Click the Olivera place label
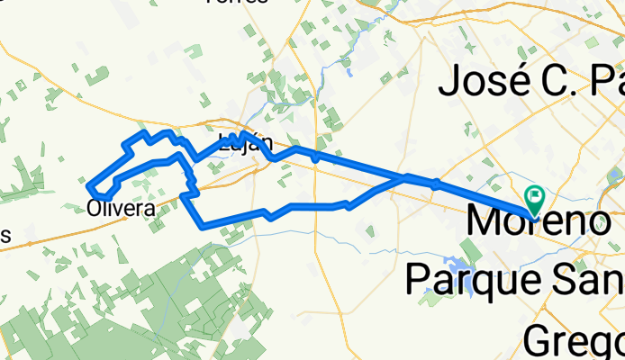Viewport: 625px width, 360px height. [x=121, y=208]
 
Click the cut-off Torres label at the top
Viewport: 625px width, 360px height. [x=236, y=2]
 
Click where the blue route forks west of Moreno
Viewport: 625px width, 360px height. [x=405, y=177]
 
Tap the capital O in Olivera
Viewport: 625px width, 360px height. [x=95, y=208]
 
